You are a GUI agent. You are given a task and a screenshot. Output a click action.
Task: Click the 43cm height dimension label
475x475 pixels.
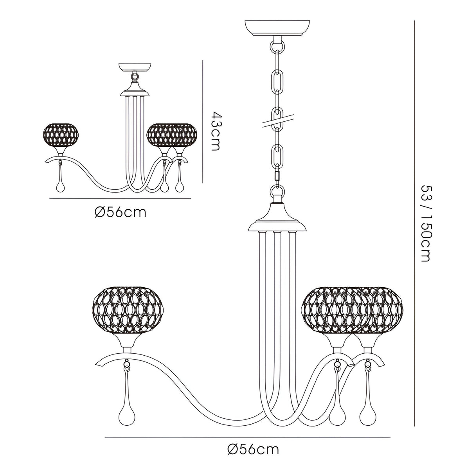tap(216, 131)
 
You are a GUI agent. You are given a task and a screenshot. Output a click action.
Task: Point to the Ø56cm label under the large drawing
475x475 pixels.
tap(254, 449)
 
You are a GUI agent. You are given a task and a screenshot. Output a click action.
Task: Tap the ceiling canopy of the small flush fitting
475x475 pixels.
tap(135, 67)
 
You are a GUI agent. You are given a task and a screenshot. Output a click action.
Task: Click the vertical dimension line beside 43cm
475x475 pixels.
tap(202, 121)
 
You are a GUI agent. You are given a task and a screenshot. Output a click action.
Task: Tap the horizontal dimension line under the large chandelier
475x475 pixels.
tap(247, 437)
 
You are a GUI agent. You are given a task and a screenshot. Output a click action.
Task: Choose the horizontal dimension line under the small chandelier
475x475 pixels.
tap(121, 199)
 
